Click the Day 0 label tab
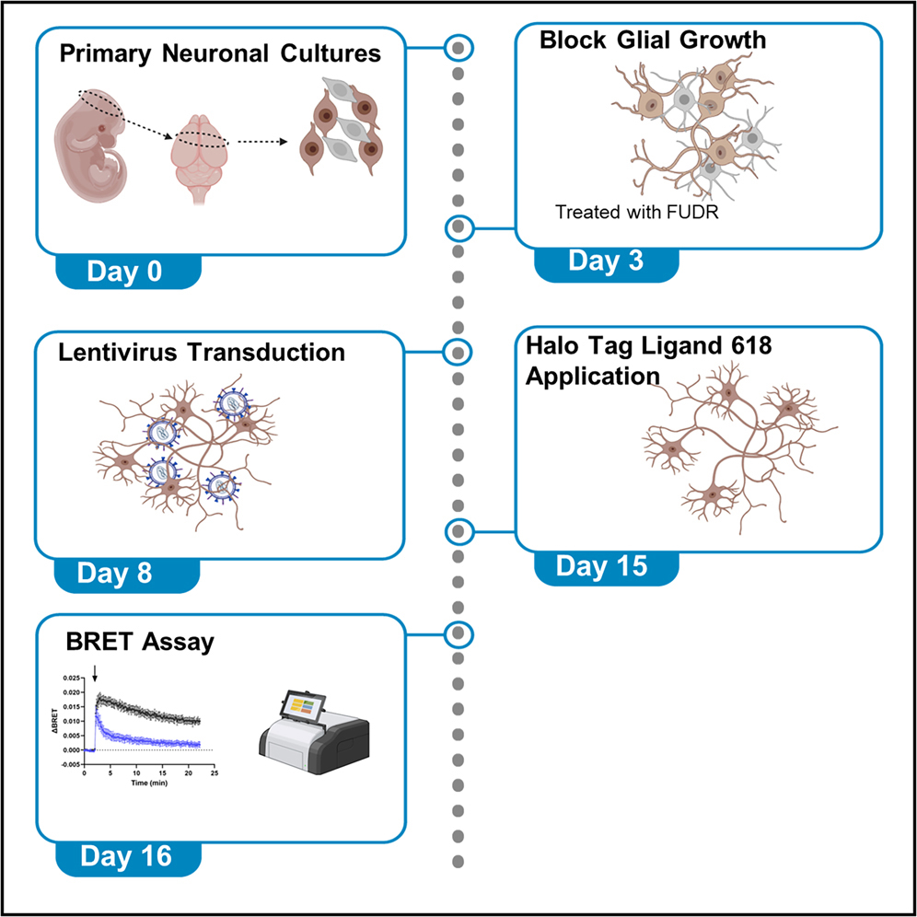[127, 272]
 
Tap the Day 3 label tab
[606, 261]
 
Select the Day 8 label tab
[126, 574]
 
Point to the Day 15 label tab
[605, 566]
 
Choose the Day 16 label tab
[126, 856]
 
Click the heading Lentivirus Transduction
[202, 352]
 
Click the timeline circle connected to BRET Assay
[458, 633]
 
